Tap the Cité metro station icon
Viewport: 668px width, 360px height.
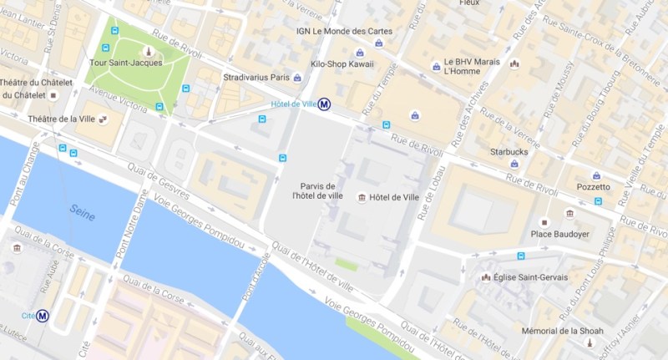tap(42, 316)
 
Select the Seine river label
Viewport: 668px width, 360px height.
tap(81, 213)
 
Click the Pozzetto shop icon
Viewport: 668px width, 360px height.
tap(597, 175)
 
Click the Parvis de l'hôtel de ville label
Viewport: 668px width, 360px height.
tap(317, 190)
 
